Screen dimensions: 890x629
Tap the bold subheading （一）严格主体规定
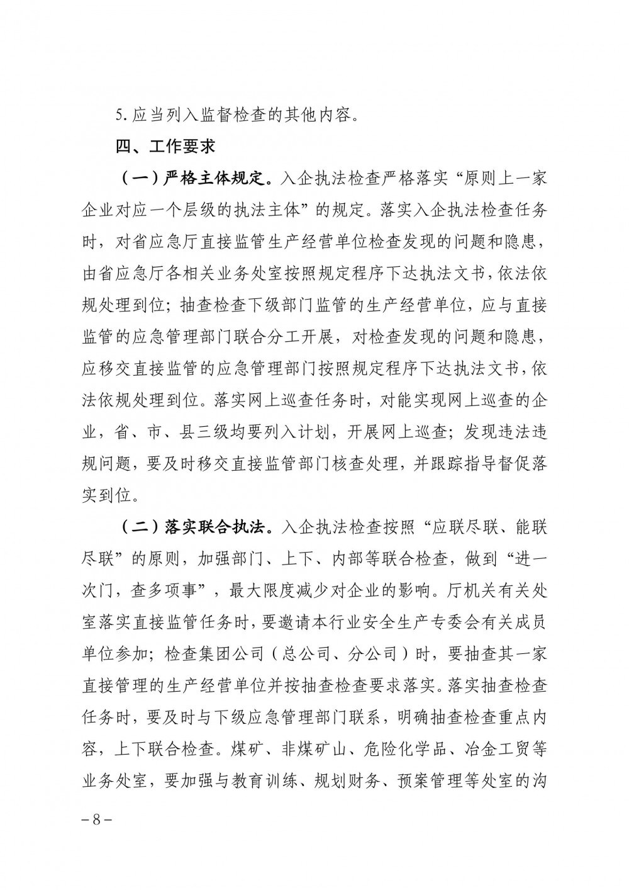point(196,179)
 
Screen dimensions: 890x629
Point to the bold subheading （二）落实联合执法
point(196,527)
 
